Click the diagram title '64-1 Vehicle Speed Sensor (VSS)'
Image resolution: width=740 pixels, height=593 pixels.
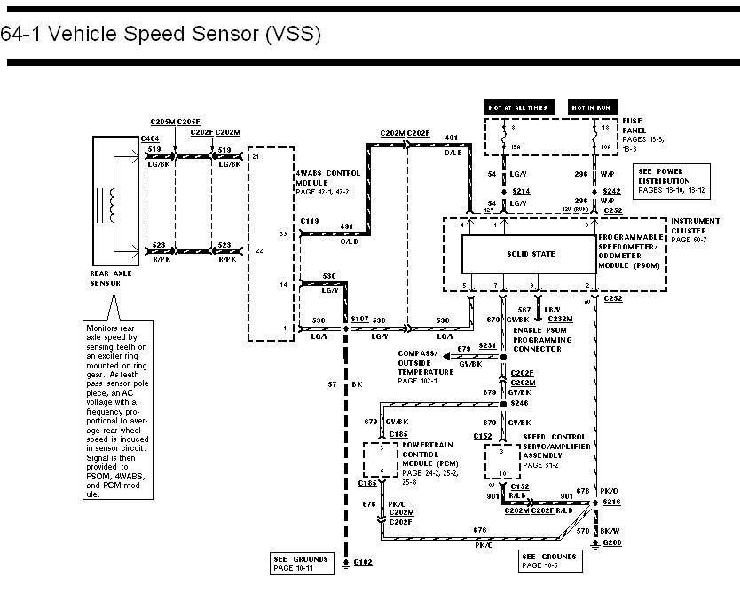pyautogui.click(x=160, y=35)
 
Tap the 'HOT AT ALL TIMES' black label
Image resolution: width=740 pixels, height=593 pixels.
pyautogui.click(x=516, y=108)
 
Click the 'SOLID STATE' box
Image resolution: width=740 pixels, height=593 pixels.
pyautogui.click(x=531, y=254)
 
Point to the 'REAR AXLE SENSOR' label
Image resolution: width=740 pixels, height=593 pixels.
pyautogui.click(x=112, y=278)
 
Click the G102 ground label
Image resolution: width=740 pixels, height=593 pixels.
pyautogui.click(x=364, y=563)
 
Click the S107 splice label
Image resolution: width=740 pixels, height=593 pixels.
pyautogui.click(x=360, y=318)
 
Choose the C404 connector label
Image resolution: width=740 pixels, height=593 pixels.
pyautogui.click(x=150, y=140)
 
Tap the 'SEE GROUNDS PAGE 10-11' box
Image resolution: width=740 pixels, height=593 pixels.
pyautogui.click(x=301, y=563)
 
